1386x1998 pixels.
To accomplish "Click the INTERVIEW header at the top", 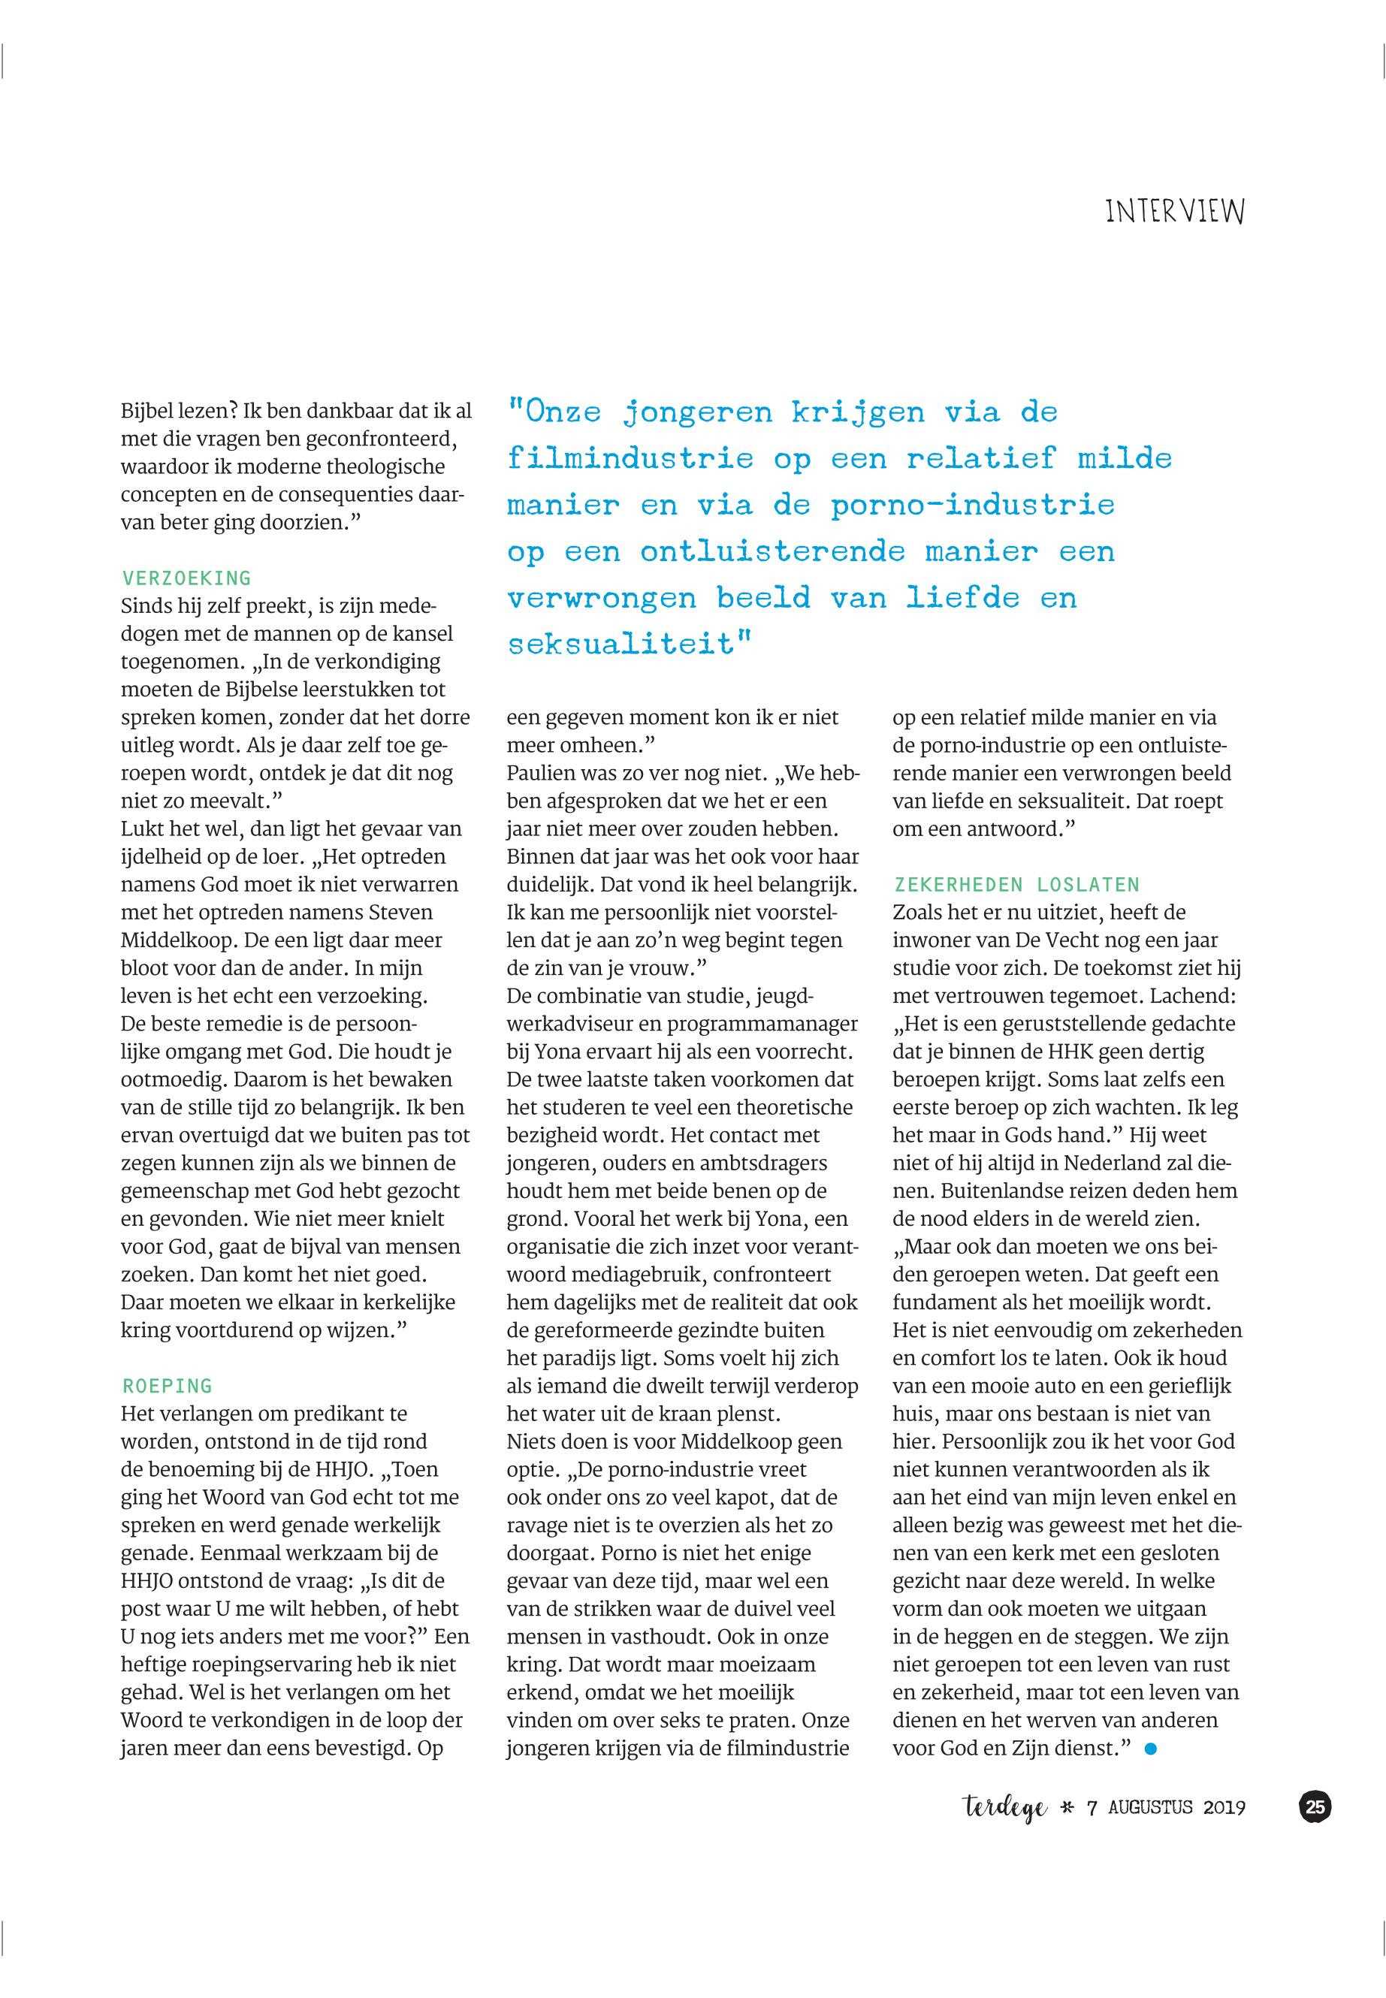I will [1174, 212].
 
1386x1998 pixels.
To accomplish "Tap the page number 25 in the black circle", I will [1315, 1807].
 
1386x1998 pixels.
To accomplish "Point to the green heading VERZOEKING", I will [187, 578].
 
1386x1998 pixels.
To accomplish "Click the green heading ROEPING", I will [168, 1386].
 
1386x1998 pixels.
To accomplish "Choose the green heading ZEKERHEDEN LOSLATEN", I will [1016, 885].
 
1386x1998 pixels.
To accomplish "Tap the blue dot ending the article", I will [1152, 1749].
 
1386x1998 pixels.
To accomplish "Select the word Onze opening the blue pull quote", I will [557, 412].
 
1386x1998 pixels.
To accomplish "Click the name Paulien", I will [542, 774].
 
